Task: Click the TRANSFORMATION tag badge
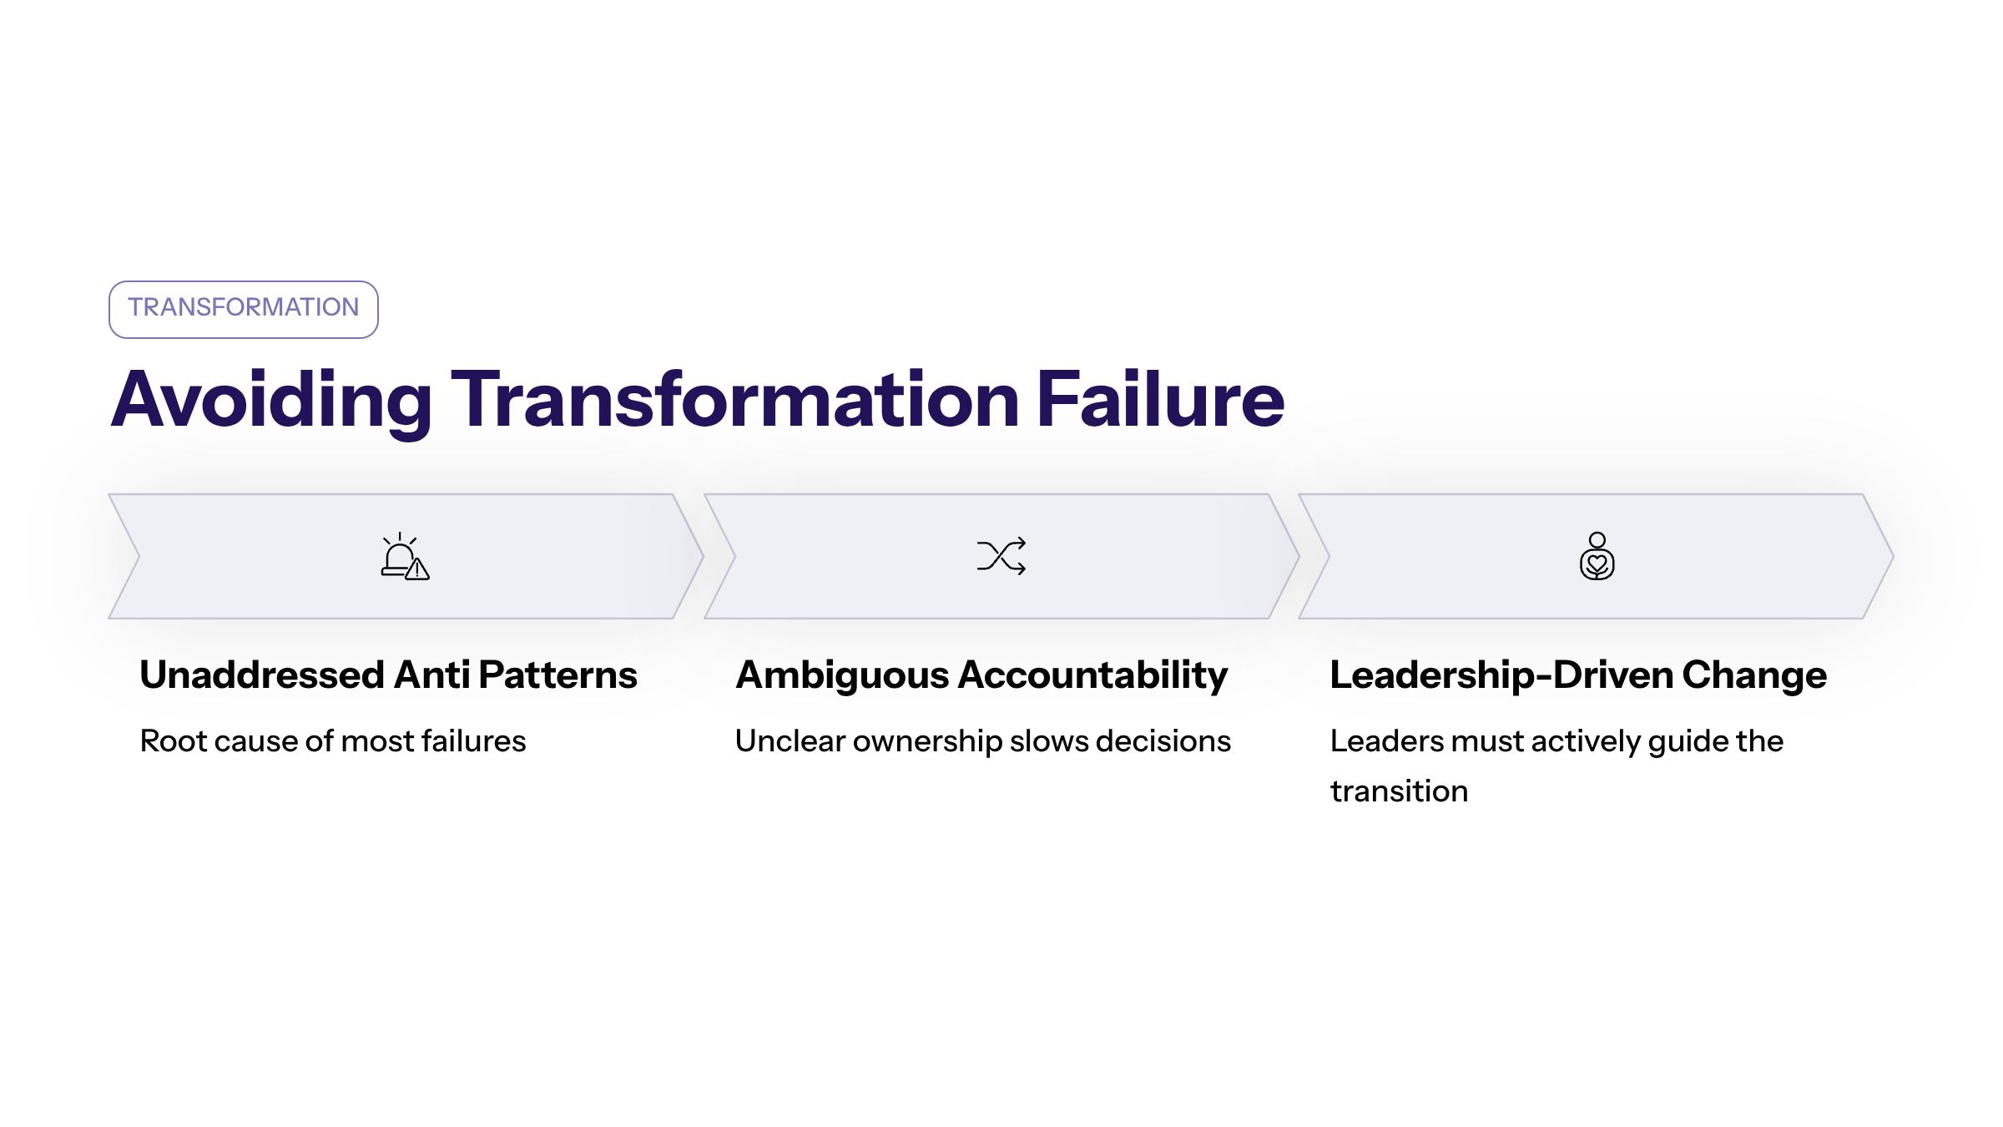coord(243,309)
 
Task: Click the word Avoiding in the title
coord(271,402)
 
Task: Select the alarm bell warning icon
coord(405,556)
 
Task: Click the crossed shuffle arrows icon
coord(1001,556)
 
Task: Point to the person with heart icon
coord(1597,556)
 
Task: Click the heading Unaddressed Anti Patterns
coord(388,675)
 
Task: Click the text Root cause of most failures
coord(333,741)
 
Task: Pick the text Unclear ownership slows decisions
coord(983,741)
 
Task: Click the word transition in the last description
coord(1400,791)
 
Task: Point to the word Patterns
coord(558,675)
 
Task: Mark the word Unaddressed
coord(262,675)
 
